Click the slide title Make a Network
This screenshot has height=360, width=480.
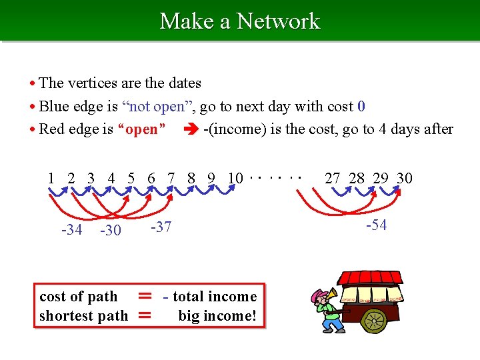tap(240, 21)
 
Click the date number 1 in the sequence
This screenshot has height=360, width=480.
tap(51, 178)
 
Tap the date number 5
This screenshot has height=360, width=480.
tap(131, 178)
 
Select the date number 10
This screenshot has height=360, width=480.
tap(235, 178)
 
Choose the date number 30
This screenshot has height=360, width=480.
tap(404, 178)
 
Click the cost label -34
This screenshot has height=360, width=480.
tap(71, 230)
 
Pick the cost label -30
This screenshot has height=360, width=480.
tap(110, 230)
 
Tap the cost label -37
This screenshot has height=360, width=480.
tap(161, 227)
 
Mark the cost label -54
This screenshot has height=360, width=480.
tap(377, 225)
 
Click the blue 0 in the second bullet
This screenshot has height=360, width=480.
tap(361, 106)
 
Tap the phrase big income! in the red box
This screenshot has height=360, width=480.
tap(217, 315)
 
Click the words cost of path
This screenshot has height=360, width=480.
tap(78, 297)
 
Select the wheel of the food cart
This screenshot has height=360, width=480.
tap(374, 320)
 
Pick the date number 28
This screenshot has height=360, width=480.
tap(357, 178)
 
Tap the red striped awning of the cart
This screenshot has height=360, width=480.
tap(370, 277)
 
